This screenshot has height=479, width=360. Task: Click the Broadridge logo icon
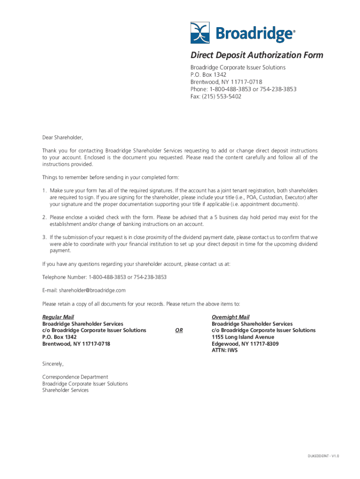pyautogui.click(x=201, y=33)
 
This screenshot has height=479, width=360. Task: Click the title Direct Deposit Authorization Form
pyautogui.click(x=256, y=55)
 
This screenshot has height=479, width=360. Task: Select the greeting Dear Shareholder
pyautogui.click(x=62, y=138)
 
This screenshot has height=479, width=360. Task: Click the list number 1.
pyautogui.click(x=44, y=191)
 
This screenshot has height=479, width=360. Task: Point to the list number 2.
pyautogui.click(x=44, y=218)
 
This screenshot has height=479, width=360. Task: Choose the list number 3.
pyautogui.click(x=44, y=237)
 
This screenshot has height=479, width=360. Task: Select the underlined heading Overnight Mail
pyautogui.click(x=230, y=317)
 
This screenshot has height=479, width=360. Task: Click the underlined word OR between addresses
pyautogui.click(x=179, y=330)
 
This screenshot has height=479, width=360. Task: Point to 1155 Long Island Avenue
pyautogui.click(x=243, y=337)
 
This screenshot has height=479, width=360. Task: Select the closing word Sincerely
pyautogui.click(x=52, y=363)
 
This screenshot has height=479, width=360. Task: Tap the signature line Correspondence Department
pyautogui.click(x=75, y=377)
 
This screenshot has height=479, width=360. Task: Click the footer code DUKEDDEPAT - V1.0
pyautogui.click(x=323, y=456)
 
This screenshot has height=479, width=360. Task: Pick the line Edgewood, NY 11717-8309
pyautogui.click(x=245, y=343)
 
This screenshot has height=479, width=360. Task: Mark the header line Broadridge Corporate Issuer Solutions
pyautogui.click(x=238, y=67)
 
